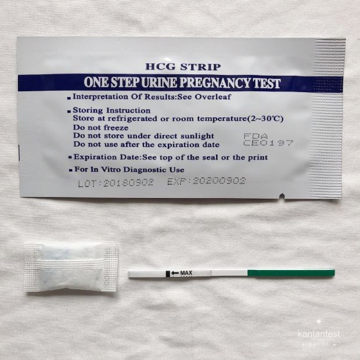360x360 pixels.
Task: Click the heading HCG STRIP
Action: click(183, 67)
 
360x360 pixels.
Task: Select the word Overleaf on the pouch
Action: click(213, 97)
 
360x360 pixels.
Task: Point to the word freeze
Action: click(116, 127)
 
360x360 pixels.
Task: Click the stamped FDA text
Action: click(255, 136)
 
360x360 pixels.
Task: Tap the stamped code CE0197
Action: click(268, 143)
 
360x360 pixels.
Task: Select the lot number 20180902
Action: click(128, 183)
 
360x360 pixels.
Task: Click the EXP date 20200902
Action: click(219, 181)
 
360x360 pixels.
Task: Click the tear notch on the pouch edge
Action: click(282, 196)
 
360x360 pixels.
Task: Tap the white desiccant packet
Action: click(71, 268)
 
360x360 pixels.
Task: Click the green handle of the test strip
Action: click(291, 273)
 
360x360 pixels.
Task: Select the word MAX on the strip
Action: click(186, 273)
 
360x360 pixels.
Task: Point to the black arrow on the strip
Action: click(175, 273)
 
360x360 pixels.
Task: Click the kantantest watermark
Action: click(319, 334)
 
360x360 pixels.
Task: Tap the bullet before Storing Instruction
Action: click(69, 111)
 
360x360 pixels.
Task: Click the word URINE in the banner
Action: click(159, 82)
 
